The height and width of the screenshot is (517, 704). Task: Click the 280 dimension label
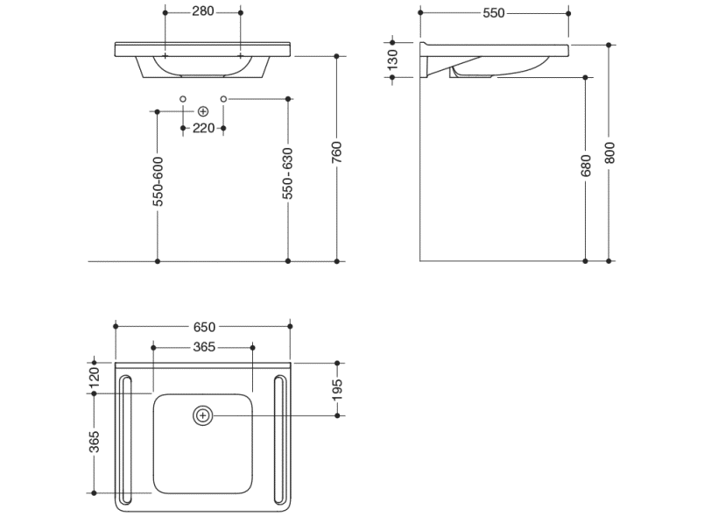pyautogui.click(x=203, y=11)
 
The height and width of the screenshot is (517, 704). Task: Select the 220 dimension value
pyautogui.click(x=203, y=128)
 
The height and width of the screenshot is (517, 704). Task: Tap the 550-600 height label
pyautogui.click(x=158, y=182)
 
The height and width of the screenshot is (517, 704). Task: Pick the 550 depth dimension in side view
pyautogui.click(x=493, y=13)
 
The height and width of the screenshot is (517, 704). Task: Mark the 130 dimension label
pyautogui.click(x=393, y=59)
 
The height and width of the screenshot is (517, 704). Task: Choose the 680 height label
pyautogui.click(x=586, y=166)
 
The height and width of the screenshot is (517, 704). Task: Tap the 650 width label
pyautogui.click(x=203, y=327)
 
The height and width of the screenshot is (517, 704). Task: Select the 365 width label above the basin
pyautogui.click(x=203, y=348)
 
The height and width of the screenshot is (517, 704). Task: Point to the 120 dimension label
pyautogui.click(x=95, y=377)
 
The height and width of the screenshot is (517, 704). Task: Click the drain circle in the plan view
pyautogui.click(x=203, y=414)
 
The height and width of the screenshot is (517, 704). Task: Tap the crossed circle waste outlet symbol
pyautogui.click(x=203, y=111)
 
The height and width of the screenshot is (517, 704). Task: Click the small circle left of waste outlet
pyautogui.click(x=182, y=98)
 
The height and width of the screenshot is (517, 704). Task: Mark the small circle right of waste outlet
pyautogui.click(x=223, y=98)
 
